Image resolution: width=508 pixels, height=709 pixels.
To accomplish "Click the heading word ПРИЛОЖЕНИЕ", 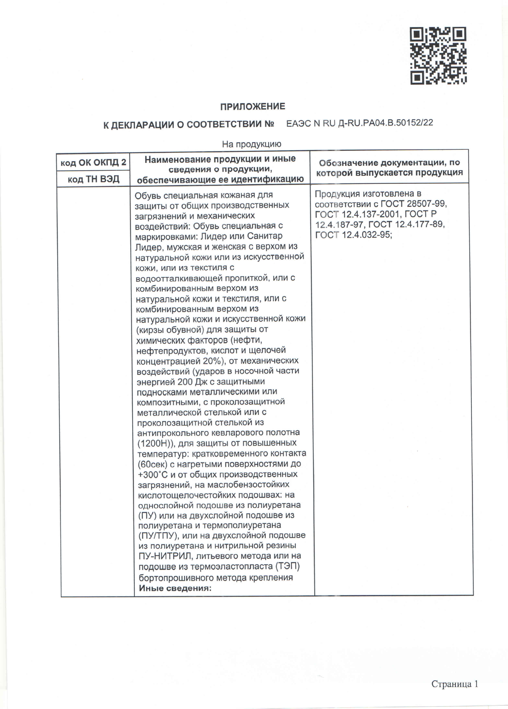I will point(253,107).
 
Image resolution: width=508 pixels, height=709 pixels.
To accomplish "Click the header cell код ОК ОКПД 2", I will point(93,162).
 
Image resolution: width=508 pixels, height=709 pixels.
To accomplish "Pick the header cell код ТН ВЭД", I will point(93,179).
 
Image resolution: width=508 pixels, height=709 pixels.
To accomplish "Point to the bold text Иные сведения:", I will point(175,588).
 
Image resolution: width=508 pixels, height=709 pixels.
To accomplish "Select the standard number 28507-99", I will point(427,204).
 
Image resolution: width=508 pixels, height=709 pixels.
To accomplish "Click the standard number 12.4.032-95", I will point(367,235).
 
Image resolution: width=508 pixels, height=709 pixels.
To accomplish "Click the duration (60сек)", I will point(152,464).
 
